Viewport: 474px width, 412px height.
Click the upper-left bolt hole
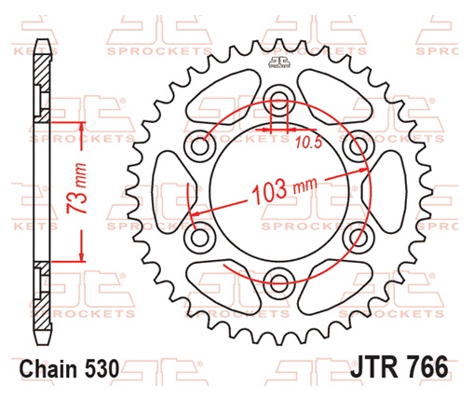point(199,147)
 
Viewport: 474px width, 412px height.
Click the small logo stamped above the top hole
point(277,63)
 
